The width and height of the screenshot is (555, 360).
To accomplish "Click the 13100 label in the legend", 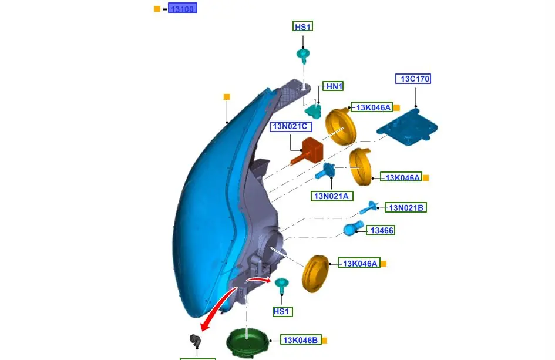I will [182, 8].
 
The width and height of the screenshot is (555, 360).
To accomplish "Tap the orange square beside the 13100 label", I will [157, 9].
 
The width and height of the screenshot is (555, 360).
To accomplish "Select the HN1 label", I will [334, 86].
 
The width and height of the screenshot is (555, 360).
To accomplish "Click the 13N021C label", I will [291, 126].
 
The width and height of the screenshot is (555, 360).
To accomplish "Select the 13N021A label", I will [331, 196].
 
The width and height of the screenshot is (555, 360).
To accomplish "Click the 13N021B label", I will [405, 207].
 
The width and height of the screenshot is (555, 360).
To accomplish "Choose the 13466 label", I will [381, 231].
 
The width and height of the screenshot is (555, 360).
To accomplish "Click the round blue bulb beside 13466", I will [354, 228].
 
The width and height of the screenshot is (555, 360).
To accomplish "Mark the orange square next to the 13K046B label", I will [324, 340].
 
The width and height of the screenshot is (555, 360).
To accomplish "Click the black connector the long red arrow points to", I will [194, 341].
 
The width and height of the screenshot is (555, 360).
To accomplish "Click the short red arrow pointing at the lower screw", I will [258, 280].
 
